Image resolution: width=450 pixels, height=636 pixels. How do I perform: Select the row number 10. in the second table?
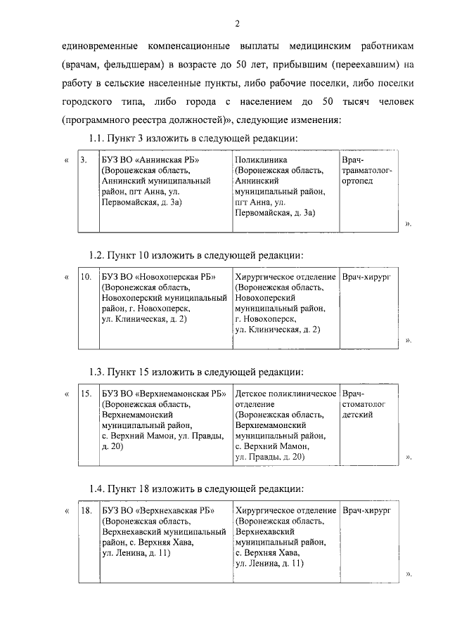point(85,278)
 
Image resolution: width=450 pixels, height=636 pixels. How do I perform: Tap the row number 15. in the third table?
point(85,394)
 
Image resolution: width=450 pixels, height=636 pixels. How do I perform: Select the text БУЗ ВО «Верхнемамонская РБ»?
point(162,394)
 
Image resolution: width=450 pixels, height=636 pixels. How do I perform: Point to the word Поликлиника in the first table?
point(262,160)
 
